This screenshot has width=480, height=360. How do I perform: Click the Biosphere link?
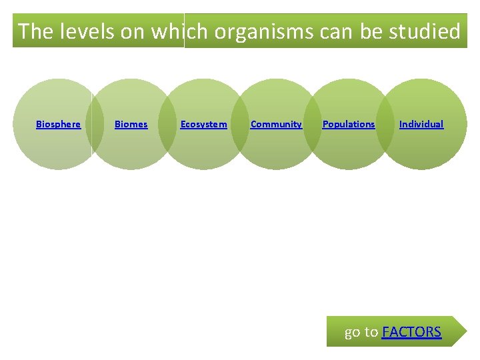point(58,124)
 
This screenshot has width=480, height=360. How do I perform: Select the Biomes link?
point(131,124)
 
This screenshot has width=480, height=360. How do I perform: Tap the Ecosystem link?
point(203,124)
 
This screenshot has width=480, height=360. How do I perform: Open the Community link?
point(276,124)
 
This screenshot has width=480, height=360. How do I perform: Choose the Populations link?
point(349,124)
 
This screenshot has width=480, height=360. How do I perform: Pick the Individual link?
point(421,124)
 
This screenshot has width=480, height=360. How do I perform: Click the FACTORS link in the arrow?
point(411,332)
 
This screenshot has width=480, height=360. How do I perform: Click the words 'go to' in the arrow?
point(361,332)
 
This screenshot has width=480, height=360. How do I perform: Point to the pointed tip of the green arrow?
point(467,331)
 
